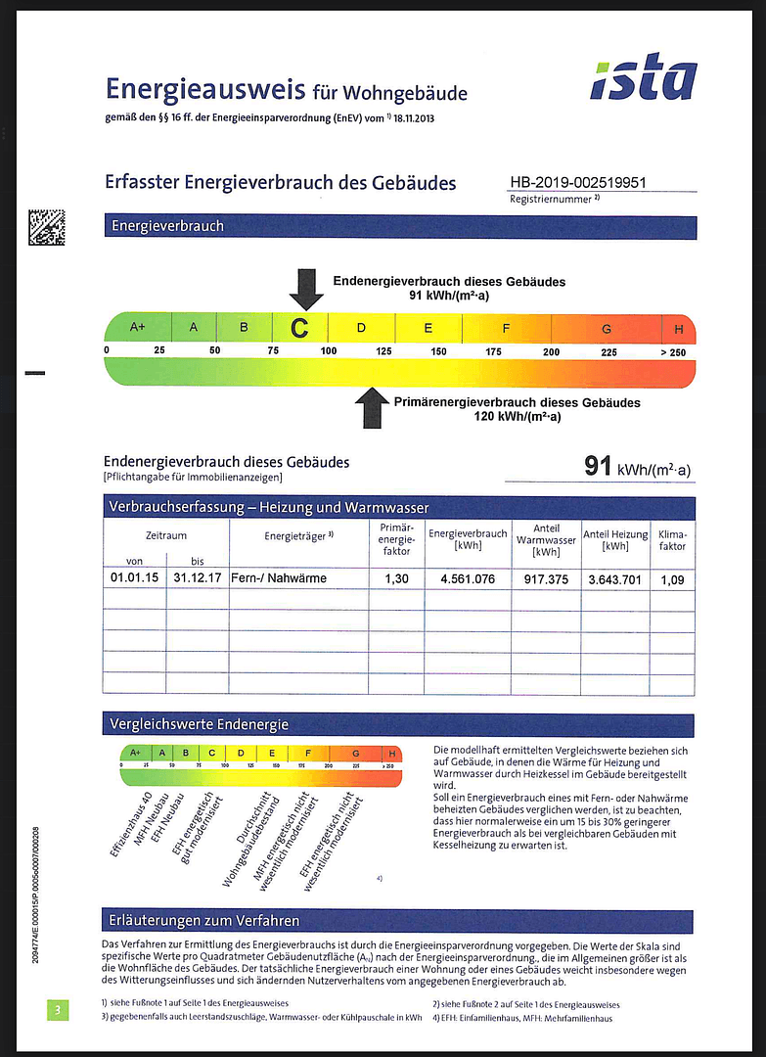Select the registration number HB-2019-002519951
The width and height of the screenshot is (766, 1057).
(578, 183)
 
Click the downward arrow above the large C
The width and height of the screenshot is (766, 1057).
(306, 289)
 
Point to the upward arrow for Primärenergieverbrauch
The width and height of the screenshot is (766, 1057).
(372, 407)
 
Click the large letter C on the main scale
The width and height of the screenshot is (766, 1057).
(300, 328)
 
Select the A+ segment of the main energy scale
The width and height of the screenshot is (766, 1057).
(137, 327)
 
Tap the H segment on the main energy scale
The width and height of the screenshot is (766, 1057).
(678, 328)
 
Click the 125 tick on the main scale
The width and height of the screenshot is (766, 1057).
(383, 351)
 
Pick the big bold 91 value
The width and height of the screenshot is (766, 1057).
(598, 466)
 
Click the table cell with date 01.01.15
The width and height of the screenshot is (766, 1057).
(134, 578)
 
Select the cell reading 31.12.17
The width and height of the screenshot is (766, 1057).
(198, 578)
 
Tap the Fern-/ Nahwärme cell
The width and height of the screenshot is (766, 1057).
(279, 578)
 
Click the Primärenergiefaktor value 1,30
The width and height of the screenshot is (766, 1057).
(396, 579)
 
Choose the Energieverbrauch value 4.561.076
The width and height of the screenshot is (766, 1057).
(468, 579)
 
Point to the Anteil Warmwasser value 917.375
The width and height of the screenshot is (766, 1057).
(545, 579)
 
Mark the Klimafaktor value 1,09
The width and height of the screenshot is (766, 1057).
(673, 579)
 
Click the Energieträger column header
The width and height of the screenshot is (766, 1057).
(299, 536)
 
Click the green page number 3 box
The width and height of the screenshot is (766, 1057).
(58, 1009)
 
